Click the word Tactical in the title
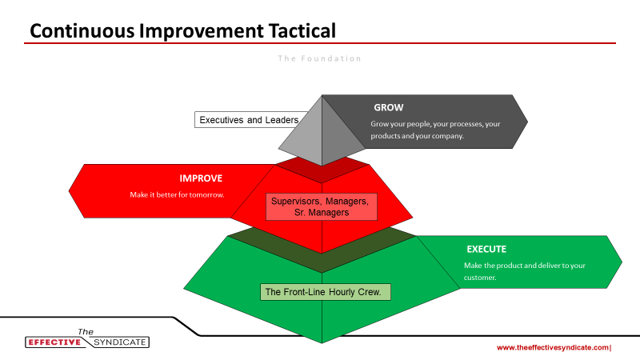point(302,31)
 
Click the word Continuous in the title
point(82,31)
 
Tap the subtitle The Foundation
point(319,58)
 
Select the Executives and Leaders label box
point(250,119)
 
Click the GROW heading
point(389,107)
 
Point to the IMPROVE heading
point(201,178)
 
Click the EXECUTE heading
point(486,249)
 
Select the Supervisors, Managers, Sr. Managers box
point(322,207)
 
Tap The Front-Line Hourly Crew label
point(326,292)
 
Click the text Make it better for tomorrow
point(177,194)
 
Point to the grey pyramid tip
point(322,95)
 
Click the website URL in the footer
point(553,348)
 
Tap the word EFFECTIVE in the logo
point(54,342)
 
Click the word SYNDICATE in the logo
point(119,342)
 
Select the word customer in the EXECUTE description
point(479,278)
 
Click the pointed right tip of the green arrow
point(622,262)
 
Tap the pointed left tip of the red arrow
point(69,190)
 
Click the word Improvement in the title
point(202,31)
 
